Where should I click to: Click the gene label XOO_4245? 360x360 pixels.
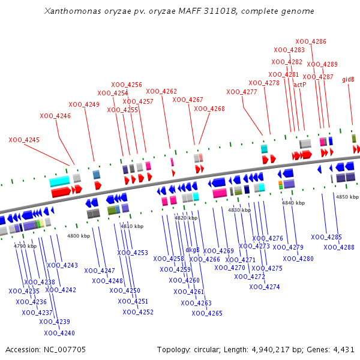24,140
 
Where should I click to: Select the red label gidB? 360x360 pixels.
348,79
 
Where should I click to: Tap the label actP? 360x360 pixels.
300,85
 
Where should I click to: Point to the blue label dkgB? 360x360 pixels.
193,250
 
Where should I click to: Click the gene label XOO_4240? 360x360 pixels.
59,333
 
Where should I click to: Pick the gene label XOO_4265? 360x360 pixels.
207,313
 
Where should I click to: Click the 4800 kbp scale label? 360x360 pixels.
79,236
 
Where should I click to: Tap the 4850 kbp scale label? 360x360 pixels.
347,197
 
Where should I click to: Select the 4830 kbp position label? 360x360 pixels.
239,210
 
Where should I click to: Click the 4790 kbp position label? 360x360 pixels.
25,246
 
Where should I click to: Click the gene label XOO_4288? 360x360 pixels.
339,247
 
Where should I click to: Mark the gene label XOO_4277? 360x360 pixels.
241,92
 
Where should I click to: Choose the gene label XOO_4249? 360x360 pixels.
84,104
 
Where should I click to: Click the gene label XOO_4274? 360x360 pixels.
265,287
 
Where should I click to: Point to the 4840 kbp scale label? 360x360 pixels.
293,203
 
